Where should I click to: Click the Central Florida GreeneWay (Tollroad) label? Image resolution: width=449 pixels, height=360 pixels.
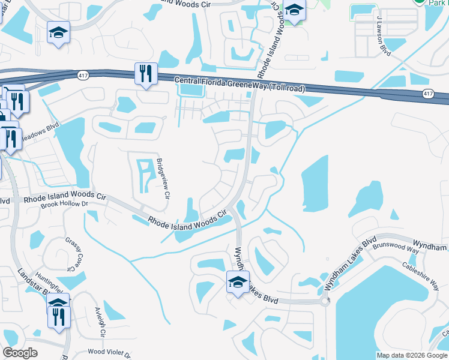click(x=240, y=85)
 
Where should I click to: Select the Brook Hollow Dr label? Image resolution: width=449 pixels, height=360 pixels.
click(x=64, y=205)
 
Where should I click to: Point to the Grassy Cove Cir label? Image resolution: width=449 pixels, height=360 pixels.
click(x=76, y=253)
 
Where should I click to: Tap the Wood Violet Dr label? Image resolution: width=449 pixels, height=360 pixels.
click(x=109, y=352)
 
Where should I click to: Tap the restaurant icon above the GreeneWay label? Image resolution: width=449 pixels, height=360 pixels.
click(x=146, y=74)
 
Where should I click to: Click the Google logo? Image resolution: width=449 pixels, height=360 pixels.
click(x=20, y=353)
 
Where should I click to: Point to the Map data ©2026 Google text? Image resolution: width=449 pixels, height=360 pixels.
click(x=411, y=355)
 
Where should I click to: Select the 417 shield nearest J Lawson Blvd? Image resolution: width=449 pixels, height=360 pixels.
click(x=427, y=94)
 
